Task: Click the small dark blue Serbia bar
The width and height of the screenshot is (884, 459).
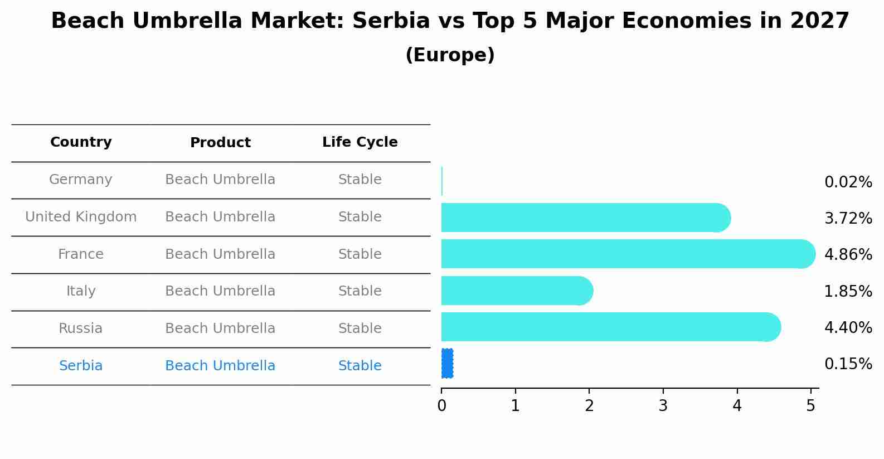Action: [x=447, y=364]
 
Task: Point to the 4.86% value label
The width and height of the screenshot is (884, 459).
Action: [x=848, y=255]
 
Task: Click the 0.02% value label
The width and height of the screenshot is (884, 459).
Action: [x=848, y=182]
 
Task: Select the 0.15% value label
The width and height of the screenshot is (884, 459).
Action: [x=848, y=364]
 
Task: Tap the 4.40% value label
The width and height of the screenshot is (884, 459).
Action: [x=848, y=327]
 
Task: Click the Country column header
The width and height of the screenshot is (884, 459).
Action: [x=81, y=142]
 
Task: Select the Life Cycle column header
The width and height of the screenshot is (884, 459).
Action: [x=360, y=142]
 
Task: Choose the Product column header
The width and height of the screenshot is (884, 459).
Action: [x=220, y=143]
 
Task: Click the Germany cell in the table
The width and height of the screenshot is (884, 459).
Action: [x=81, y=180]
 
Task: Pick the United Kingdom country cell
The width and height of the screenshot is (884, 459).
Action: [x=81, y=217]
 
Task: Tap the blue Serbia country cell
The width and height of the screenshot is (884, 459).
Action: [x=81, y=366]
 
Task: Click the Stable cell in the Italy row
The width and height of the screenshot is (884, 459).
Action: [x=360, y=291]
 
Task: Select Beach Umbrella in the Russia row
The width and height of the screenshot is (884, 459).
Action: [x=220, y=328]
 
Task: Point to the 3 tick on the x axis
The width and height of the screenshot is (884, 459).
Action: [x=663, y=406]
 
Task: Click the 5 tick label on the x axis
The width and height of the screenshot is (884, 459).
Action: [x=811, y=406]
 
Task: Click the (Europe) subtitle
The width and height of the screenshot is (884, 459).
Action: [x=450, y=55]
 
